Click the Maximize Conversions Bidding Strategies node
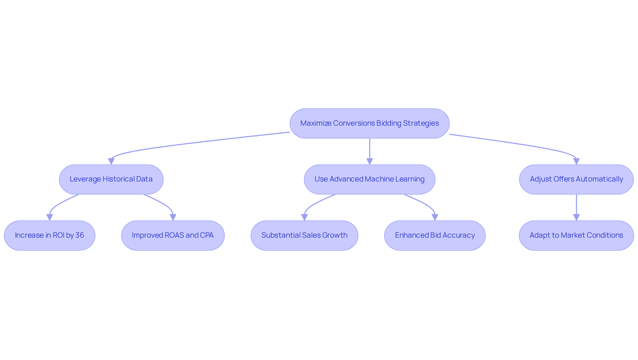(370, 123)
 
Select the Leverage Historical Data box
(111, 179)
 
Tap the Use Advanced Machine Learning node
(370, 179)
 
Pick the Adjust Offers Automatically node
(576, 179)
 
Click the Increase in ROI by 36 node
(50, 235)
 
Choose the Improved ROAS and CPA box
(173, 235)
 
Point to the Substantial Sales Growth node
(304, 235)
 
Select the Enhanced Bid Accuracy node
(435, 235)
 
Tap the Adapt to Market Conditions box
(576, 235)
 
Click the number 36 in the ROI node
(80, 235)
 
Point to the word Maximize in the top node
(316, 123)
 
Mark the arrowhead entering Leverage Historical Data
(111, 162)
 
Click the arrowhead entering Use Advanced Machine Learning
(370, 162)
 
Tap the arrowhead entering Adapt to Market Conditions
(576, 217)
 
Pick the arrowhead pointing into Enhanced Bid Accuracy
(435, 217)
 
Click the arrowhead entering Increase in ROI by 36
(50, 217)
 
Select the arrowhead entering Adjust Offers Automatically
(576, 162)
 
